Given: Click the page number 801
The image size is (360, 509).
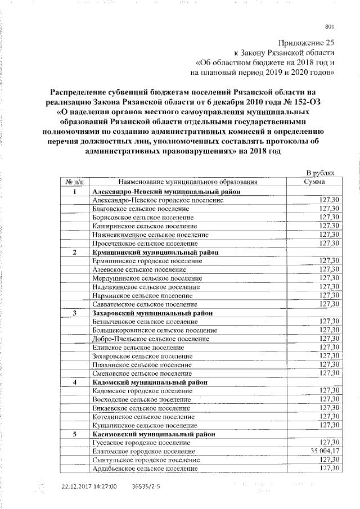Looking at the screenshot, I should click(330, 26).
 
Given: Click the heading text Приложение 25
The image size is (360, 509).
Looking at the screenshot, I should click(306, 43).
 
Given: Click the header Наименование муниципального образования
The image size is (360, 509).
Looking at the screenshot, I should click(188, 182).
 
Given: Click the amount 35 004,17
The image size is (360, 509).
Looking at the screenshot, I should click(320, 451).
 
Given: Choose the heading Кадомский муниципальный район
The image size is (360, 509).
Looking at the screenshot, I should click(148, 382).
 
